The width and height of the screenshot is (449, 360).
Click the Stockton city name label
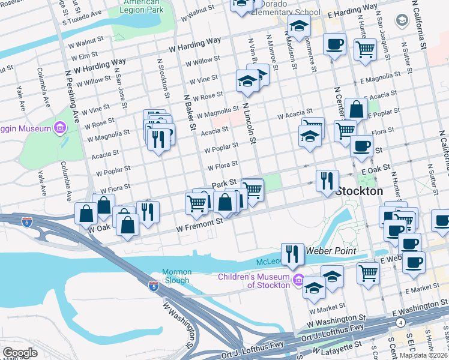point(359,191)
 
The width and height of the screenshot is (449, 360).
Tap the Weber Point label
point(331,250)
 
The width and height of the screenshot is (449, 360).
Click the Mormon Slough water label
point(176,276)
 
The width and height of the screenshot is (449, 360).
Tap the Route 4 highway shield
point(400,322)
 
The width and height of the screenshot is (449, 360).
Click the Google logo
point(20,353)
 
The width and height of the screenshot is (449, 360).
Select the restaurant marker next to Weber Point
point(292,254)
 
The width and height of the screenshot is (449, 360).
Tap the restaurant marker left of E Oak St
point(327,181)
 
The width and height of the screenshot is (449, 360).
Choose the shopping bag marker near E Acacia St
point(356,109)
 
